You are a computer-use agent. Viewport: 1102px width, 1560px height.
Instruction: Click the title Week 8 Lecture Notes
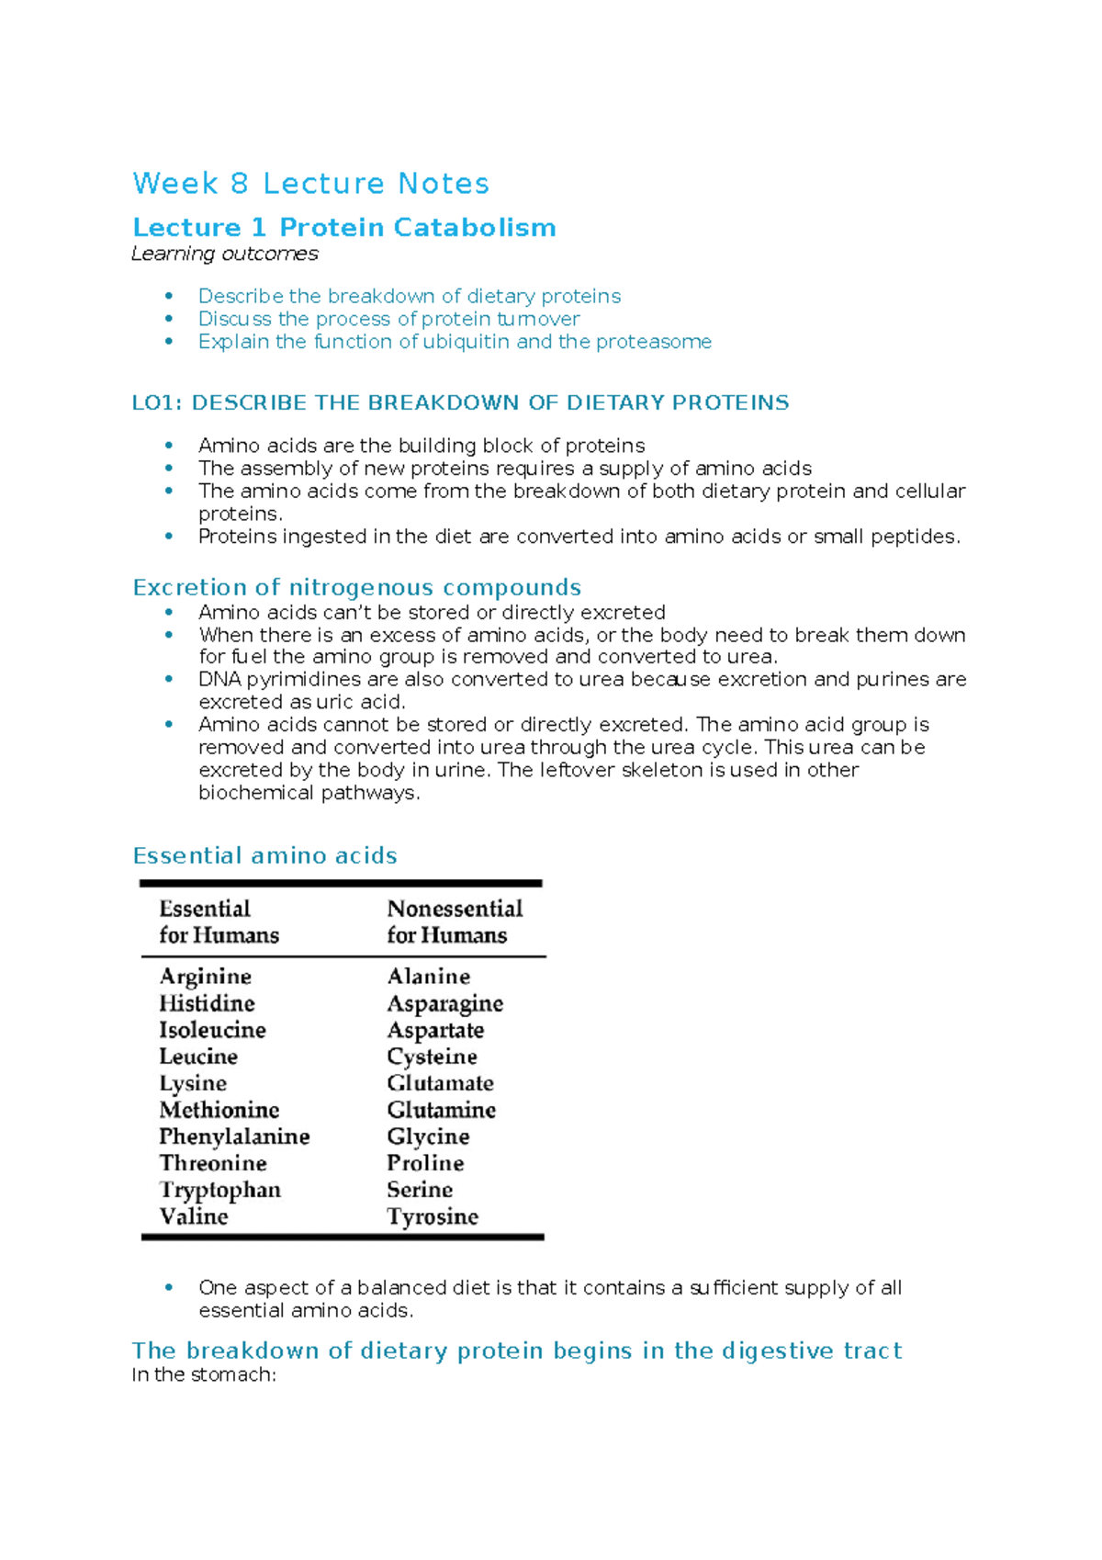coord(310,184)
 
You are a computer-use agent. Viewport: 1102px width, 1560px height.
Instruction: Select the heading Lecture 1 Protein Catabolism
coord(344,227)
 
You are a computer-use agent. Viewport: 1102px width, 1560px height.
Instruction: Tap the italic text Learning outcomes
coord(225,254)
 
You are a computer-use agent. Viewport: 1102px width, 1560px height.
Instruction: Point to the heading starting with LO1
coord(460,402)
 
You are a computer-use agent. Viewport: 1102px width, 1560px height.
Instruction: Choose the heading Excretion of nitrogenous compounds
coord(356,587)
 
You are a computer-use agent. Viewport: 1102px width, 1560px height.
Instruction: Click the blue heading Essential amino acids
coord(264,855)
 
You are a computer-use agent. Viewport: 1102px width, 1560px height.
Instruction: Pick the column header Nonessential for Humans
coord(455,921)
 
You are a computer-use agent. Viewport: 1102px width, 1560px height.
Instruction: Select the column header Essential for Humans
coord(219,921)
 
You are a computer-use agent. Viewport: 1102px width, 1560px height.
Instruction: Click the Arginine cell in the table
coord(206,976)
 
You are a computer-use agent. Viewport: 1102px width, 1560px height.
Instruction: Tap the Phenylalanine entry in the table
coord(234,1136)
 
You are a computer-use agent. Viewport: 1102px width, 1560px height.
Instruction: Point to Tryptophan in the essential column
coord(220,1190)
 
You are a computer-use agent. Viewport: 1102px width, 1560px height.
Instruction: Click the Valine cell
coord(194,1216)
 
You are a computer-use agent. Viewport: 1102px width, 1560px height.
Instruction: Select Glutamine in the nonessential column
coord(441,1110)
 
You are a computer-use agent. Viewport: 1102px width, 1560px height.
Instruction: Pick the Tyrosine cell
coord(433,1216)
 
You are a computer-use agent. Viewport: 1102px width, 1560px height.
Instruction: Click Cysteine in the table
coord(432,1057)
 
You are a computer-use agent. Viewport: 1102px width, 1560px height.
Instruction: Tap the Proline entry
coord(425,1163)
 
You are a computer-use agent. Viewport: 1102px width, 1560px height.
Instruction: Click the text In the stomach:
coord(204,1374)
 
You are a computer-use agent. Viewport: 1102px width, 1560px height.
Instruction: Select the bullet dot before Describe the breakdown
coord(169,296)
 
